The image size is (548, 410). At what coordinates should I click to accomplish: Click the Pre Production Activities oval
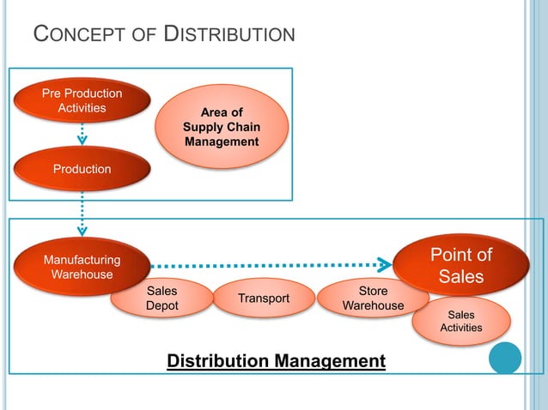(x=82, y=100)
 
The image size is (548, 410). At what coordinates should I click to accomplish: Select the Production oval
(x=82, y=169)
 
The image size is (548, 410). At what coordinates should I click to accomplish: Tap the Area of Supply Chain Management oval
(x=221, y=127)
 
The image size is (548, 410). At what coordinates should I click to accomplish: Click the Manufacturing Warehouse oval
(x=82, y=266)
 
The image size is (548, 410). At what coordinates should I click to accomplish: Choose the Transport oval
(x=264, y=298)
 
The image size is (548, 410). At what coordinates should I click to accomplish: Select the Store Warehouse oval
(x=372, y=298)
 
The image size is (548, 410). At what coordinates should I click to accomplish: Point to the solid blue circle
(x=505, y=358)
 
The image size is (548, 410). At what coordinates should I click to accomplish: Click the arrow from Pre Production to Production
(x=82, y=134)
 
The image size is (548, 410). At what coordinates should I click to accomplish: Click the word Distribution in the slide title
(x=229, y=34)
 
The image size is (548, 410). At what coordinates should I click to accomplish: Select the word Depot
(x=162, y=306)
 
